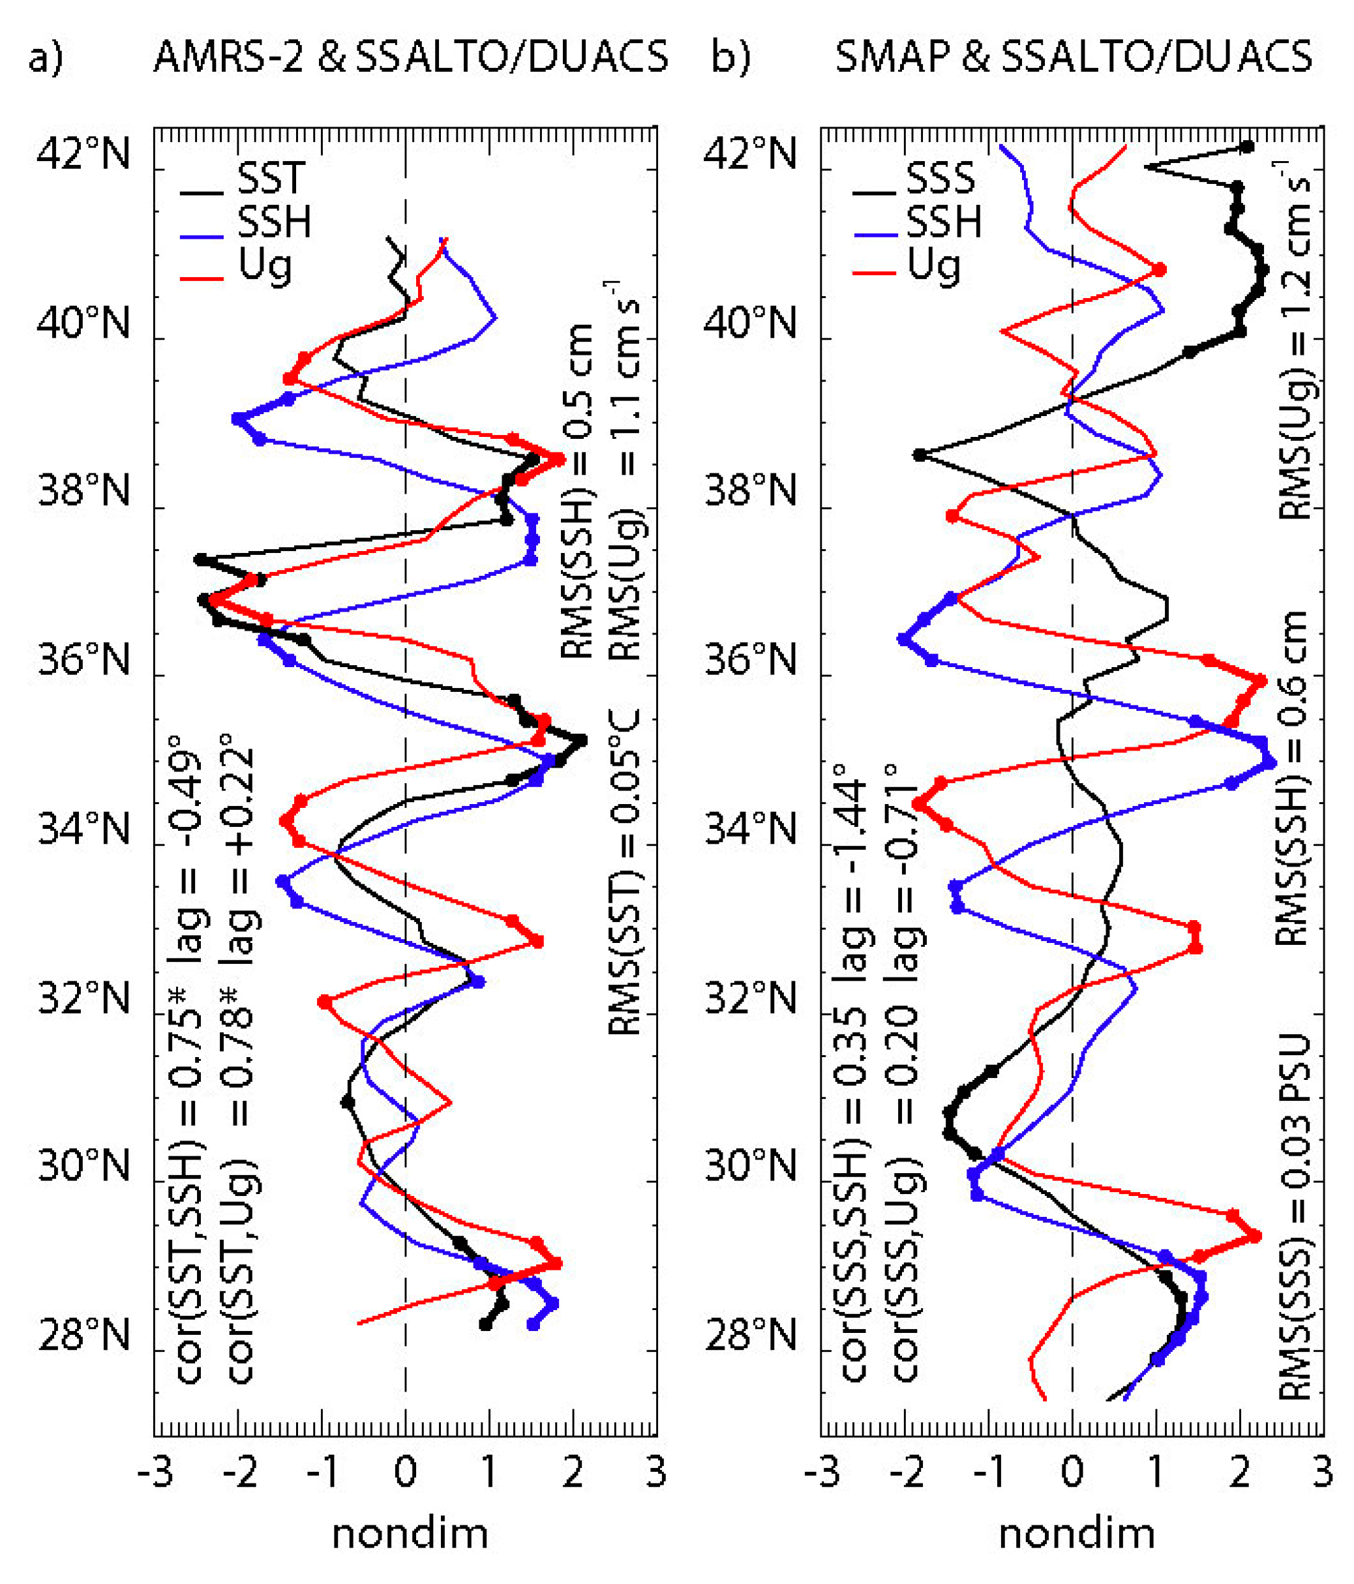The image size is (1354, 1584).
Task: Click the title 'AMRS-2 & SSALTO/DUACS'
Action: (410, 57)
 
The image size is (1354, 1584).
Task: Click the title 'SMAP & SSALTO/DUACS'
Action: (1074, 57)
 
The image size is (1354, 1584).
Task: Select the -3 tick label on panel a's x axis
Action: (155, 1472)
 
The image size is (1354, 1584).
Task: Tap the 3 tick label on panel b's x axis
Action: (1323, 1472)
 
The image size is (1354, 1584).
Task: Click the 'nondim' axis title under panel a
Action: (410, 1535)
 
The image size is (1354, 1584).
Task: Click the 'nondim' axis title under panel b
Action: (1076, 1535)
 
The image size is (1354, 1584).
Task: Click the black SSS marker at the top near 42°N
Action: (1247, 147)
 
